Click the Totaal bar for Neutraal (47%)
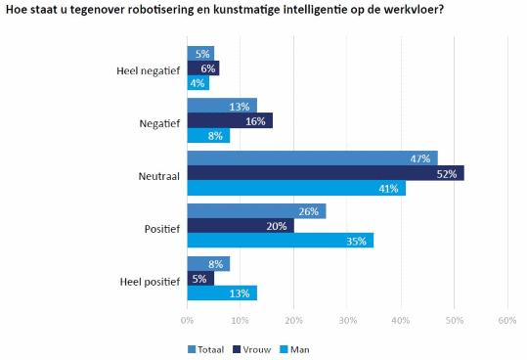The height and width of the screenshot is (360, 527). point(313,158)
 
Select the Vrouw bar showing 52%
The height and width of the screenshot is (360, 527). point(326,173)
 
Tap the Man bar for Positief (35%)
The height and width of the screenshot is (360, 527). point(281,241)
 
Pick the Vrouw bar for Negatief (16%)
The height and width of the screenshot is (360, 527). point(230,120)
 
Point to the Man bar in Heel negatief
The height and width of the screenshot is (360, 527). point(198,83)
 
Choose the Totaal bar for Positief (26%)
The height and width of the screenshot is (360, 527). point(256,211)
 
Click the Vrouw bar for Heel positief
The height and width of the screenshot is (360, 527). point(200,279)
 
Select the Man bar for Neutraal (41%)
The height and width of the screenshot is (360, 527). point(296,188)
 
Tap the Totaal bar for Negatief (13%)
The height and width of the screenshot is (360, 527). point(222,106)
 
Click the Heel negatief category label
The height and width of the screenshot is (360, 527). point(149,71)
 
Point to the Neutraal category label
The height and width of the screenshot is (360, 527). point(159,176)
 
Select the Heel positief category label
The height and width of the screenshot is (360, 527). point(150,282)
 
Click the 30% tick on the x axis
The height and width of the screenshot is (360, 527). point(347,320)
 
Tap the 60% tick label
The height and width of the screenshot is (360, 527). point(507,320)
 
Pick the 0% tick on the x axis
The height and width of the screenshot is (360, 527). point(187,320)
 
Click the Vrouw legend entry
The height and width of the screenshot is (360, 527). point(251,349)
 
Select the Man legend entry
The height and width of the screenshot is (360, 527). point(294,349)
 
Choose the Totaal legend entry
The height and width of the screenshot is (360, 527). point(205,349)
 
